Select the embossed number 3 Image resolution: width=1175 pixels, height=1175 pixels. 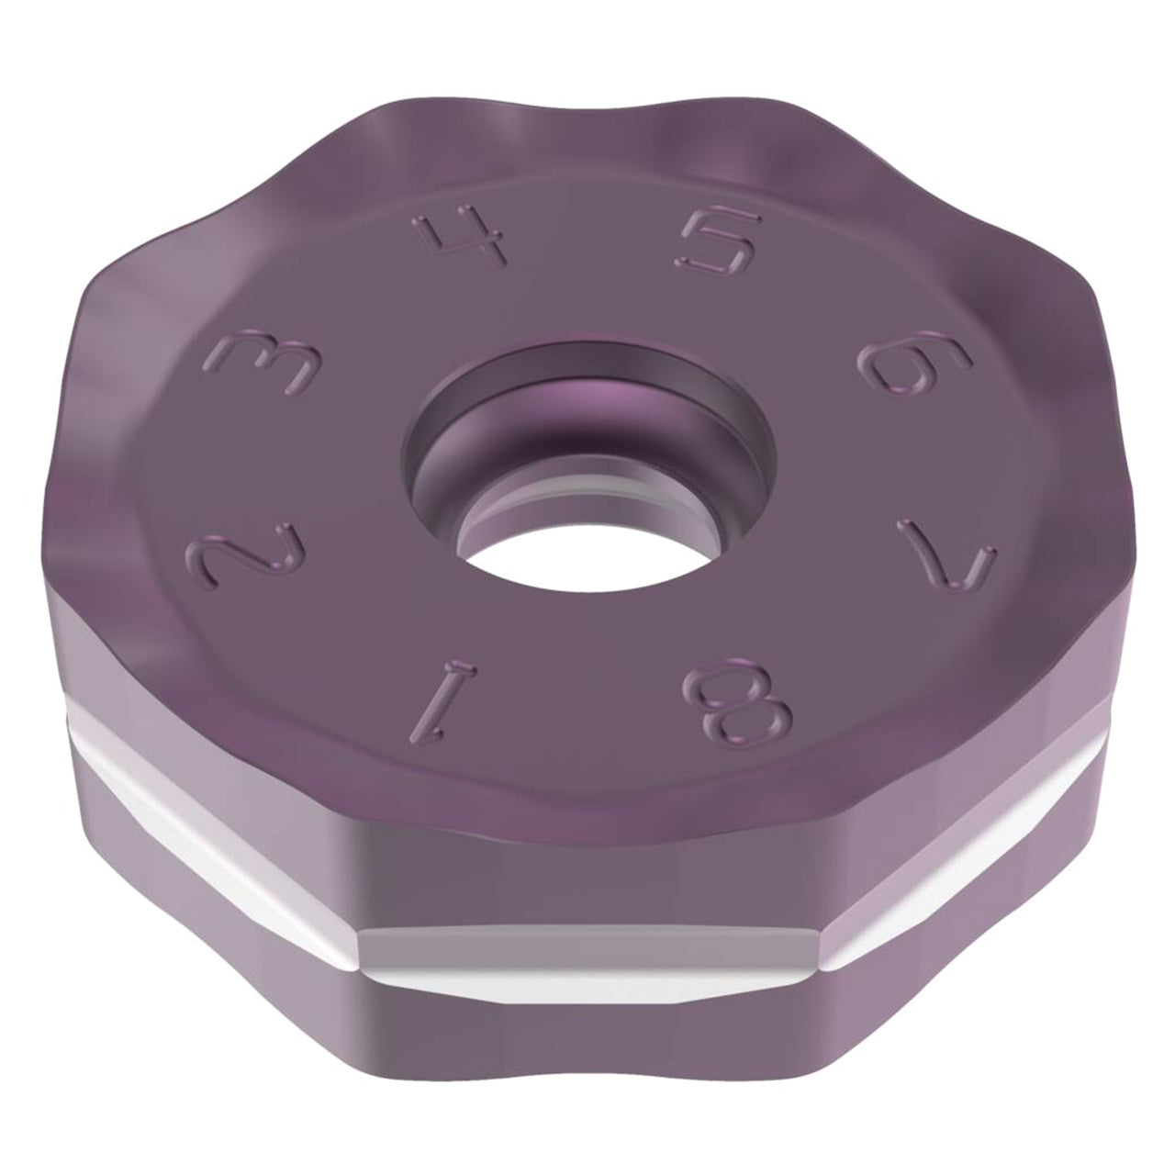point(270,363)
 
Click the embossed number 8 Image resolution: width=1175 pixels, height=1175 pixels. point(739,700)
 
